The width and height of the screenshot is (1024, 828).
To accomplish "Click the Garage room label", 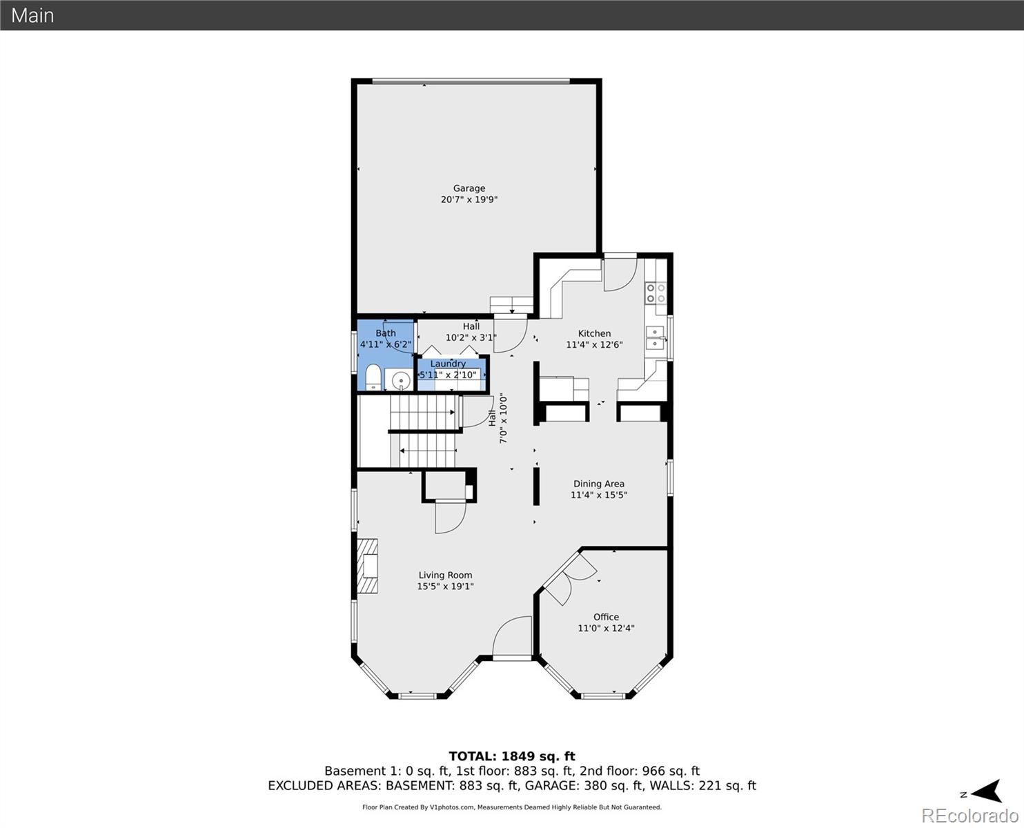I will (469, 188).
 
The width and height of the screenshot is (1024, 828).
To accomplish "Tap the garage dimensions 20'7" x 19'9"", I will (469, 200).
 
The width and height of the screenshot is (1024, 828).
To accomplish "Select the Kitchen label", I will (594, 333).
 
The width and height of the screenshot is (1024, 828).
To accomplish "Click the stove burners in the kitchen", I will (656, 293).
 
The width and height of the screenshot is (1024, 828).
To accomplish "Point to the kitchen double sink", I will (655, 337).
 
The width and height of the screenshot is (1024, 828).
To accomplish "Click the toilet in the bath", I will (373, 377).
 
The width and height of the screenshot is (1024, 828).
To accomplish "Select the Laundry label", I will (448, 364).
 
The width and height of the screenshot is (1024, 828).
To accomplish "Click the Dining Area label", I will (598, 484).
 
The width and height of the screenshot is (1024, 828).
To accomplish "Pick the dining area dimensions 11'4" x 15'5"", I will (598, 495).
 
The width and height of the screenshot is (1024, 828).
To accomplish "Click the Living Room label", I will (445, 575).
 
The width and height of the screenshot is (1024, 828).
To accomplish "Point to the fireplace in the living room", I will (368, 566).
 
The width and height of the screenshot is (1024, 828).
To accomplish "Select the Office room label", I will (606, 617).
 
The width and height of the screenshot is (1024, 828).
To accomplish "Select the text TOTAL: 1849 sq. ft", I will (511, 756).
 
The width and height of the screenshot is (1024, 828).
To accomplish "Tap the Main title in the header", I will (32, 15).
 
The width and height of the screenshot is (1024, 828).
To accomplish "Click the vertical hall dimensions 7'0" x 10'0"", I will (504, 418).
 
